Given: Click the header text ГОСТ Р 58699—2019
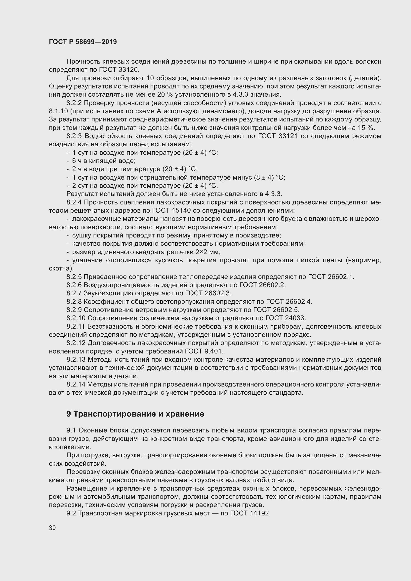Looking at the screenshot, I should [83, 42].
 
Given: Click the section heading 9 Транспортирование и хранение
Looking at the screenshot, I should [135, 414].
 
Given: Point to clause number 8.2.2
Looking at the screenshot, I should [74, 103].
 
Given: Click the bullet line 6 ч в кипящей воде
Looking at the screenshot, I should [104, 161].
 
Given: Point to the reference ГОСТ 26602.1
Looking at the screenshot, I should [330, 277].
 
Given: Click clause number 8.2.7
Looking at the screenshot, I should [74, 293].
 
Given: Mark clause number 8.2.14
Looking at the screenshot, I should [76, 384].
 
